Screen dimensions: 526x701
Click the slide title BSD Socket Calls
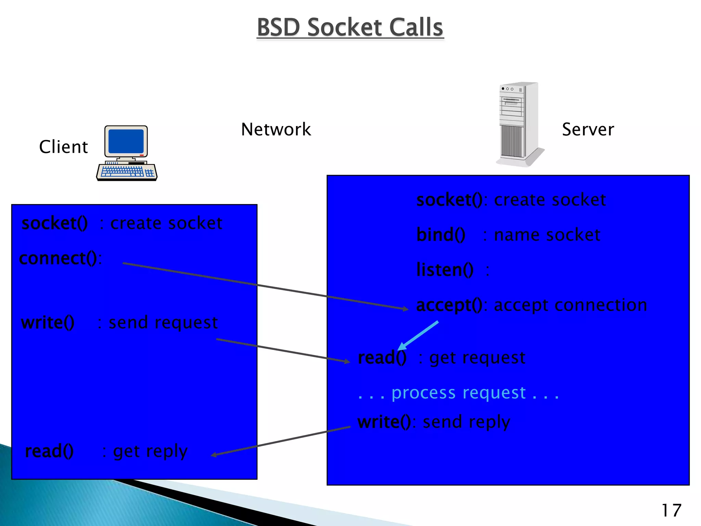tap(350, 27)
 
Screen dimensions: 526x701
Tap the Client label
tap(63, 147)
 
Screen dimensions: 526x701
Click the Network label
tap(276, 129)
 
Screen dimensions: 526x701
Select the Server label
tap(588, 129)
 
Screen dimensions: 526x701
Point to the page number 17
tap(671, 511)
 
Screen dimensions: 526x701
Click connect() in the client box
tap(58, 258)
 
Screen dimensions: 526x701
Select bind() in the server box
tap(441, 235)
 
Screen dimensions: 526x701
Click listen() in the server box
tap(445, 270)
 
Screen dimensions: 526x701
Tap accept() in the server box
tap(449, 305)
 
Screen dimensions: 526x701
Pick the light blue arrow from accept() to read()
tap(418, 335)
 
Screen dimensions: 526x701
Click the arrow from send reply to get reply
tap(281, 441)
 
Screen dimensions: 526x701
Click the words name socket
tap(547, 235)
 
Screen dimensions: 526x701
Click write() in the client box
tap(48, 323)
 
